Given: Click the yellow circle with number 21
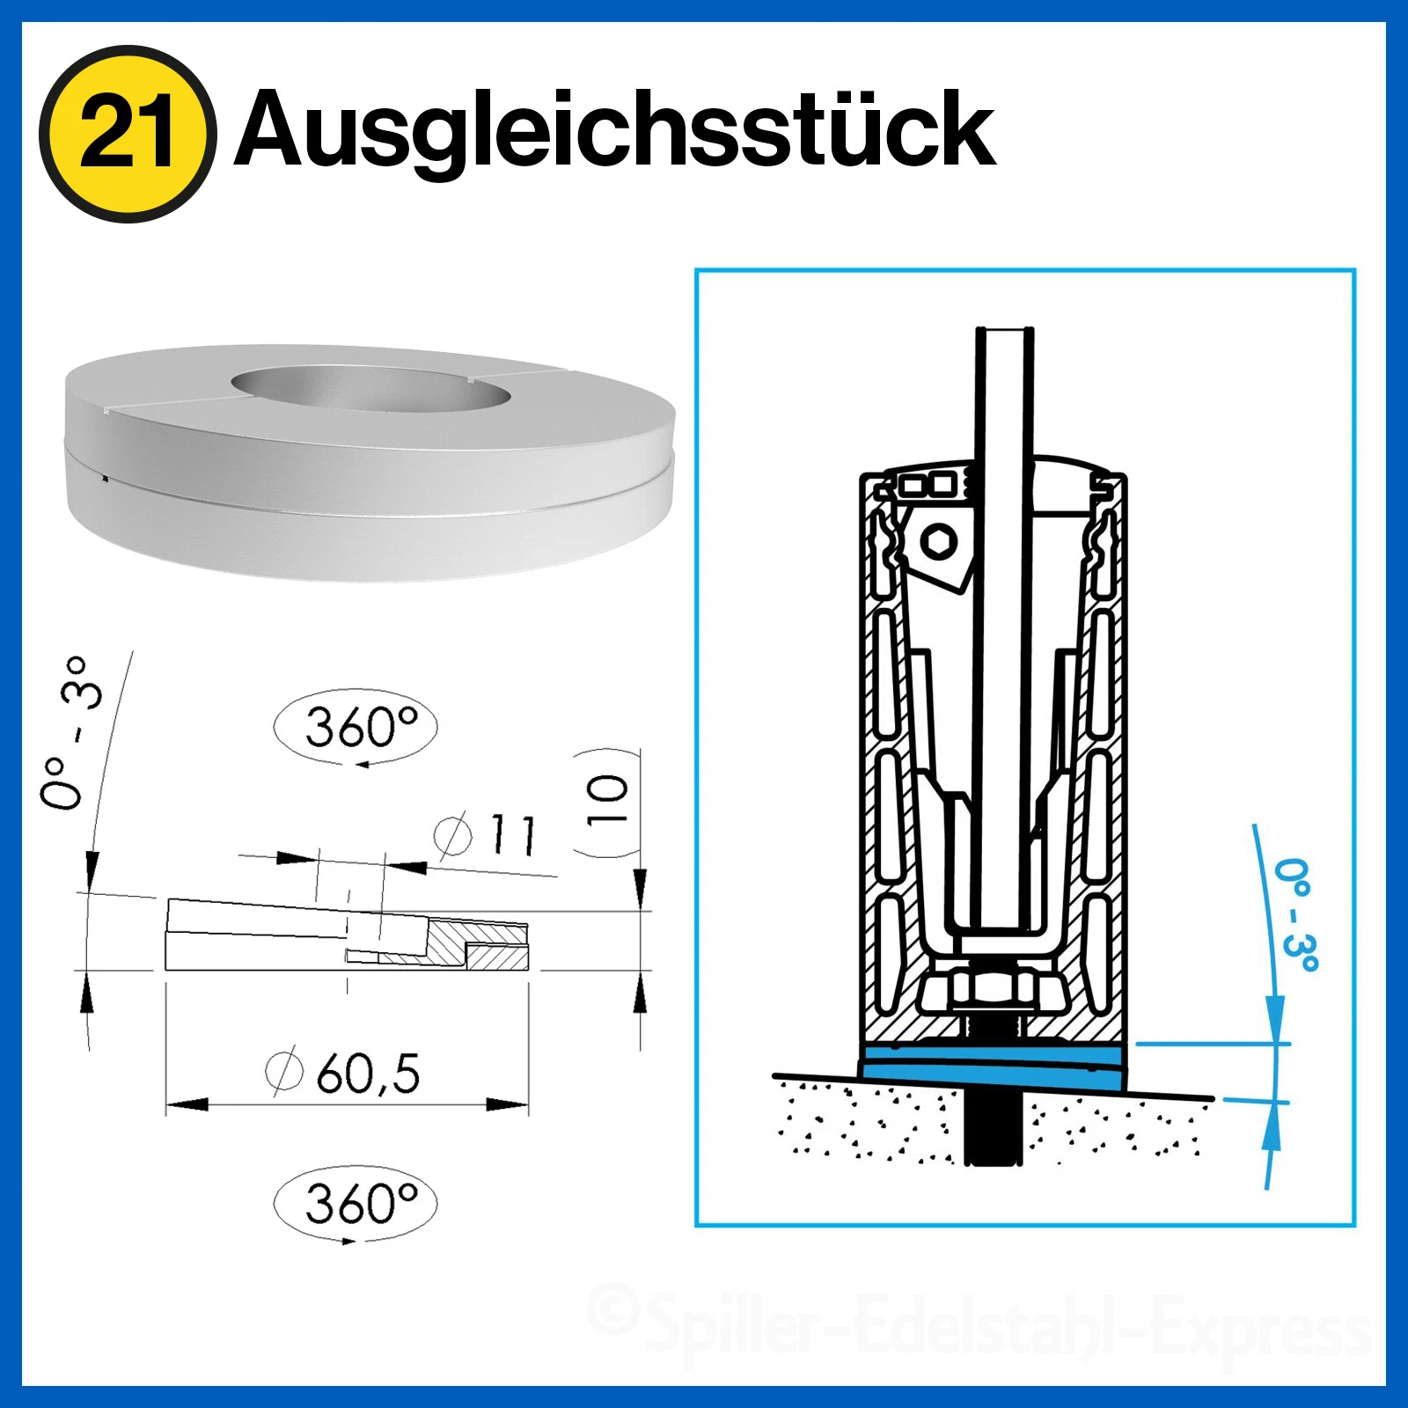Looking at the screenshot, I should pos(127,134).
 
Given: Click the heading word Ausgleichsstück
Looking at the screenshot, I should pos(614,130).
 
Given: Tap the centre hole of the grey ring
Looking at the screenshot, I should pos(368,388).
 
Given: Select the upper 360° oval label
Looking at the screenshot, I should pos(356,727).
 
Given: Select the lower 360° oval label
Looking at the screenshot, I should pos(356,1203).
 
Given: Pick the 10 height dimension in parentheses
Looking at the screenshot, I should pos(607,801).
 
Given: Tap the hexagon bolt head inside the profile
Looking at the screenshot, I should pos(940,540).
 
